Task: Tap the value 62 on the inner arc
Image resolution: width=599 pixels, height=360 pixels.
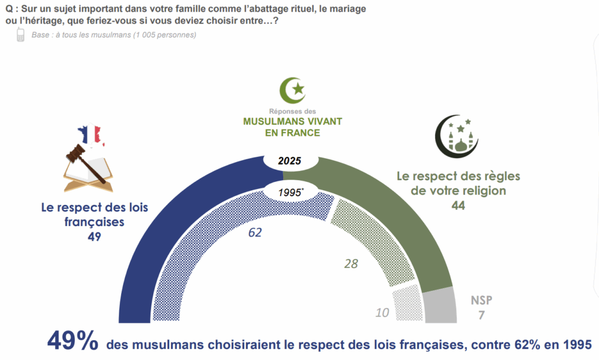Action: tap(254, 232)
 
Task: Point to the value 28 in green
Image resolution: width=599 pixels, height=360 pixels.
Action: tap(350, 264)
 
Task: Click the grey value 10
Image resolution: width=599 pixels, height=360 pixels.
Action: tap(382, 313)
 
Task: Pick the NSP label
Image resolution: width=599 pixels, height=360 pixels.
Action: tap(481, 300)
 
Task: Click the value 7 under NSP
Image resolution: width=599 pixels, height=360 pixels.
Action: tap(481, 315)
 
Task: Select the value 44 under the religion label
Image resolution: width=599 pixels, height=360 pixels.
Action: tap(457, 205)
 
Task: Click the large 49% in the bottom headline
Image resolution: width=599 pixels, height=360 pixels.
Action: tap(71, 340)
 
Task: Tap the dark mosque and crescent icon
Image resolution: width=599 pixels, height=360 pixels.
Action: tap(457, 135)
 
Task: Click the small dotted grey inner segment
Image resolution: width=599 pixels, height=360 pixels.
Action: tap(408, 304)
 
